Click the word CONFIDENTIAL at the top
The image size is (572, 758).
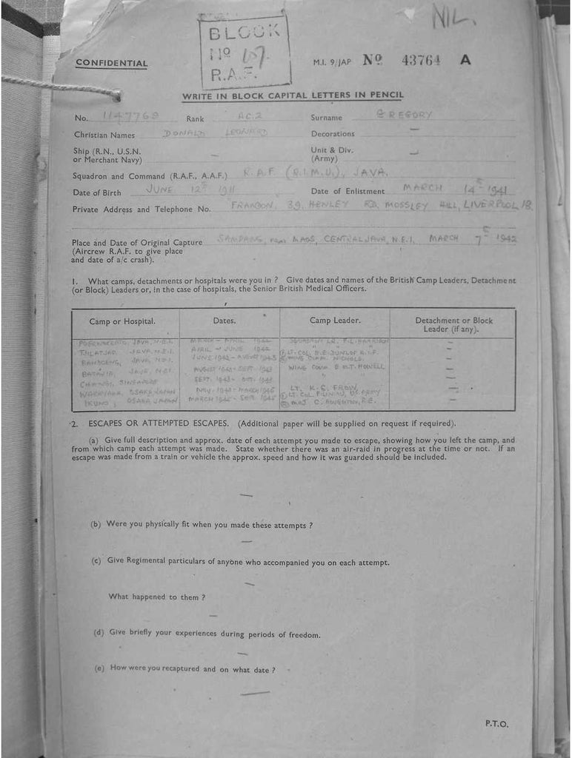(111, 64)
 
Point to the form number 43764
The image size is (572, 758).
(421, 60)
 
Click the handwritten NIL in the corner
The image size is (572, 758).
(454, 16)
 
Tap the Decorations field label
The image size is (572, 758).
(332, 134)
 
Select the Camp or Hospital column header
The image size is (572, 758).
(122, 321)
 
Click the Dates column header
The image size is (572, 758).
(224, 321)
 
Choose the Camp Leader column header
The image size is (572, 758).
(335, 321)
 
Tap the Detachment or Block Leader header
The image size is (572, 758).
(453, 324)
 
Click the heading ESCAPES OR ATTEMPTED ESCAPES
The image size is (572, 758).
(162, 424)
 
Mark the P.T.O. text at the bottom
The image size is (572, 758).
(496, 724)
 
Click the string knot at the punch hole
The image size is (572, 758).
(116, 94)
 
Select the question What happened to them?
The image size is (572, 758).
(157, 597)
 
